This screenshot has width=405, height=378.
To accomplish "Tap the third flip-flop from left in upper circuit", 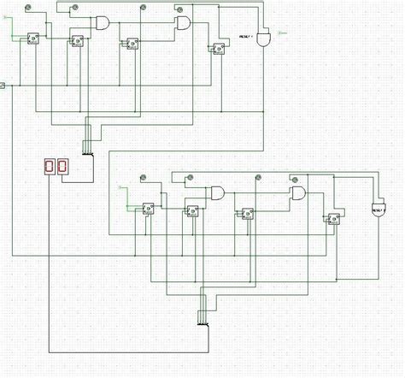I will click(132, 43).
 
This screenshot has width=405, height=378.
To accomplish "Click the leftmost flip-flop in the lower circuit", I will click(147, 206).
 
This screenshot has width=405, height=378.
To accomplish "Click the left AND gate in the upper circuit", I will click(103, 21).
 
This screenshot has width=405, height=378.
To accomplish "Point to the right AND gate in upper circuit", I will click(183, 22).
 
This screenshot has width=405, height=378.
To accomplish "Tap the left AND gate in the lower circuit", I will click(218, 192).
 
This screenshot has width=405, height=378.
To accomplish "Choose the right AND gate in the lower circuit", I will click(298, 193).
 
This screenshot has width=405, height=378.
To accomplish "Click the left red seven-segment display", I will click(49, 166).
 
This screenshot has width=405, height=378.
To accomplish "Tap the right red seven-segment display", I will click(62, 166).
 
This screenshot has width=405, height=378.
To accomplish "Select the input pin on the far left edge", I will click(3, 86).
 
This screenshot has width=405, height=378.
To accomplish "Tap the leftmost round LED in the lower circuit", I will click(145, 178).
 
